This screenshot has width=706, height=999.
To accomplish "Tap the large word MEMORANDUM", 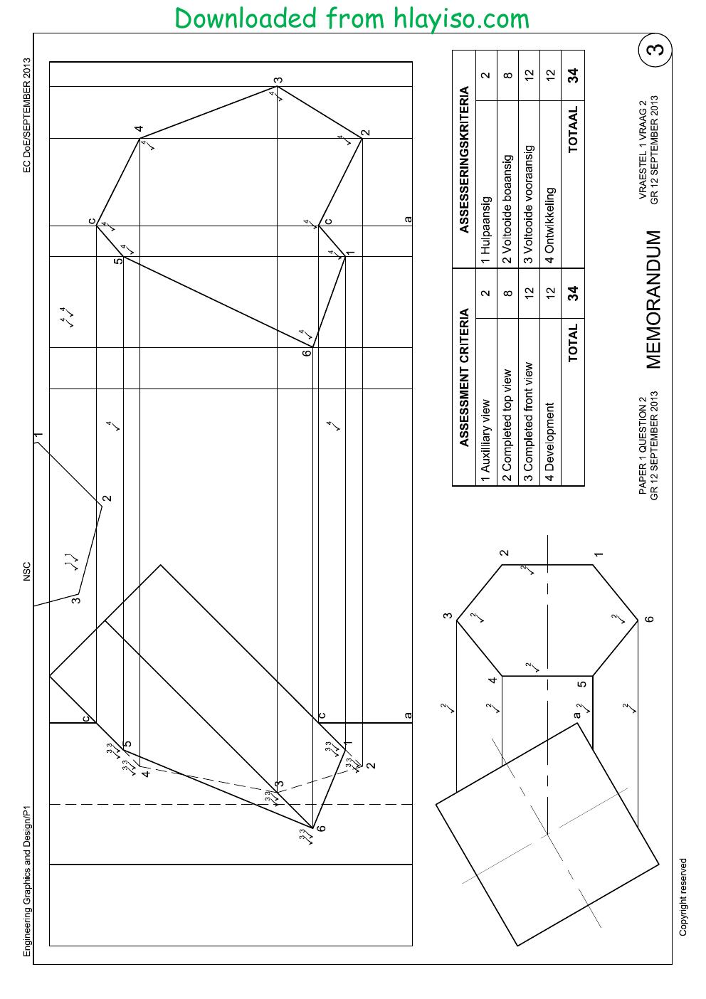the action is pos(653,300).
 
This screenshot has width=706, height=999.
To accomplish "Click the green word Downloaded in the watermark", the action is pos(246,18).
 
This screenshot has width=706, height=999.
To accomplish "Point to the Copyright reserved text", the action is pos(683,897).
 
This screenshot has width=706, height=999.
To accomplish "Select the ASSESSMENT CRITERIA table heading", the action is pos(464,377).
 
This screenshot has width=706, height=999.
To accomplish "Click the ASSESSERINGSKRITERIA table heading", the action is pos(464,159).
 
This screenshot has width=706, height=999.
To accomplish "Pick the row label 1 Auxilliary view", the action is pos(485,440).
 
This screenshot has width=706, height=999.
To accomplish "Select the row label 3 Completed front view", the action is pos(528,422).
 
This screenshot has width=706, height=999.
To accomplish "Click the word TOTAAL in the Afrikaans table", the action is pos(572,129).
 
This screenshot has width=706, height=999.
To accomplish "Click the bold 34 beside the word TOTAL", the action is pos(572,293).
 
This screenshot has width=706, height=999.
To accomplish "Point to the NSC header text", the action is pos(26,571).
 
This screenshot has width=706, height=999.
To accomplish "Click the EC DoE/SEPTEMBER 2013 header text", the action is pos(26,115).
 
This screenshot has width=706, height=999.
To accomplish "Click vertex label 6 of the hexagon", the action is pos(649,619).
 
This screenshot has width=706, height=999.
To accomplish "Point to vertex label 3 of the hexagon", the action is pos(448,616).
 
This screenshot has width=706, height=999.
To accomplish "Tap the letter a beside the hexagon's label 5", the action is pos(576,714).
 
